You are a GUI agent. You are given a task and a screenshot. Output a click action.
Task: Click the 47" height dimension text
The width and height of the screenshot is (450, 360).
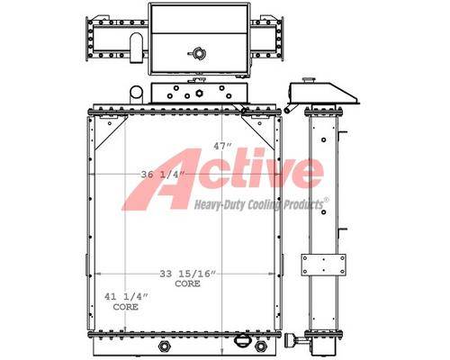pyautogui.click(x=222, y=146)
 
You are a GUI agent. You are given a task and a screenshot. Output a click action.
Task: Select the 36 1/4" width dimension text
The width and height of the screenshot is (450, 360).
pyautogui.click(x=162, y=175)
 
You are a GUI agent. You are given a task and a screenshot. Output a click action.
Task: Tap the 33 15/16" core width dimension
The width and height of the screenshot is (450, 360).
pyautogui.click(x=188, y=274)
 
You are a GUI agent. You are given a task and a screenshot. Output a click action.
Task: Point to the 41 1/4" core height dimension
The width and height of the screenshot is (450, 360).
pyautogui.click(x=126, y=297)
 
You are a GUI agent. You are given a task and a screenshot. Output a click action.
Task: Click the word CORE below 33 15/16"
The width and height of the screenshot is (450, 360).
pyautogui.click(x=187, y=283)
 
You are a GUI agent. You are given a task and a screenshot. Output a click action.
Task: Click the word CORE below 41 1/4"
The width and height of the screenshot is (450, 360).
pyautogui.click(x=126, y=307)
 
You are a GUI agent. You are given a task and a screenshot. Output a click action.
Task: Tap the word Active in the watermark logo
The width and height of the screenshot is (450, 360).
pyautogui.click(x=223, y=178)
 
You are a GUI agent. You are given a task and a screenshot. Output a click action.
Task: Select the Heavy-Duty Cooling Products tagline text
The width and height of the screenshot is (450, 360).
pyautogui.click(x=259, y=204)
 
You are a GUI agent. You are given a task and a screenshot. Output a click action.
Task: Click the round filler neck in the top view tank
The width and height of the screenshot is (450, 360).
pyautogui.click(x=198, y=54)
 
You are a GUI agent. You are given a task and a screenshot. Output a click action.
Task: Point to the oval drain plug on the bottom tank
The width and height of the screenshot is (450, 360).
pyautogui.click(x=241, y=341)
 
